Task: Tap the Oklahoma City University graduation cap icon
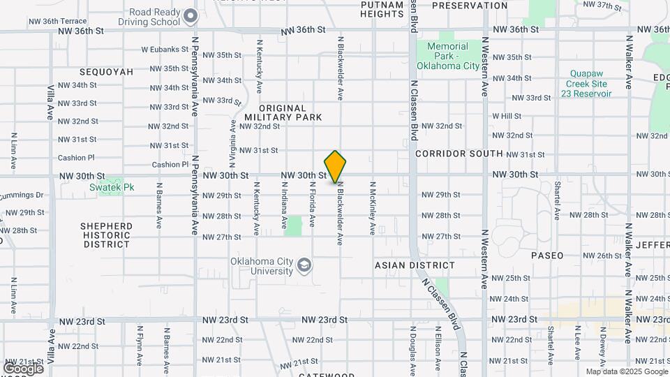point(304,265)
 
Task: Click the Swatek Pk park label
point(106,186)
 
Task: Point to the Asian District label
point(415,265)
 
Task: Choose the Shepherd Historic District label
point(105,235)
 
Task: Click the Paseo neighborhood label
point(547,256)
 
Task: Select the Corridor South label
point(459,153)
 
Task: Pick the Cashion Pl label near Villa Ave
point(75,158)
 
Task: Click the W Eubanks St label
point(165,50)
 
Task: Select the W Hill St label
point(507,116)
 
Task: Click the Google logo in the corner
point(23,368)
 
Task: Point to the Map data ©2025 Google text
point(625,371)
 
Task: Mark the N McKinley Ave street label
point(373,208)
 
